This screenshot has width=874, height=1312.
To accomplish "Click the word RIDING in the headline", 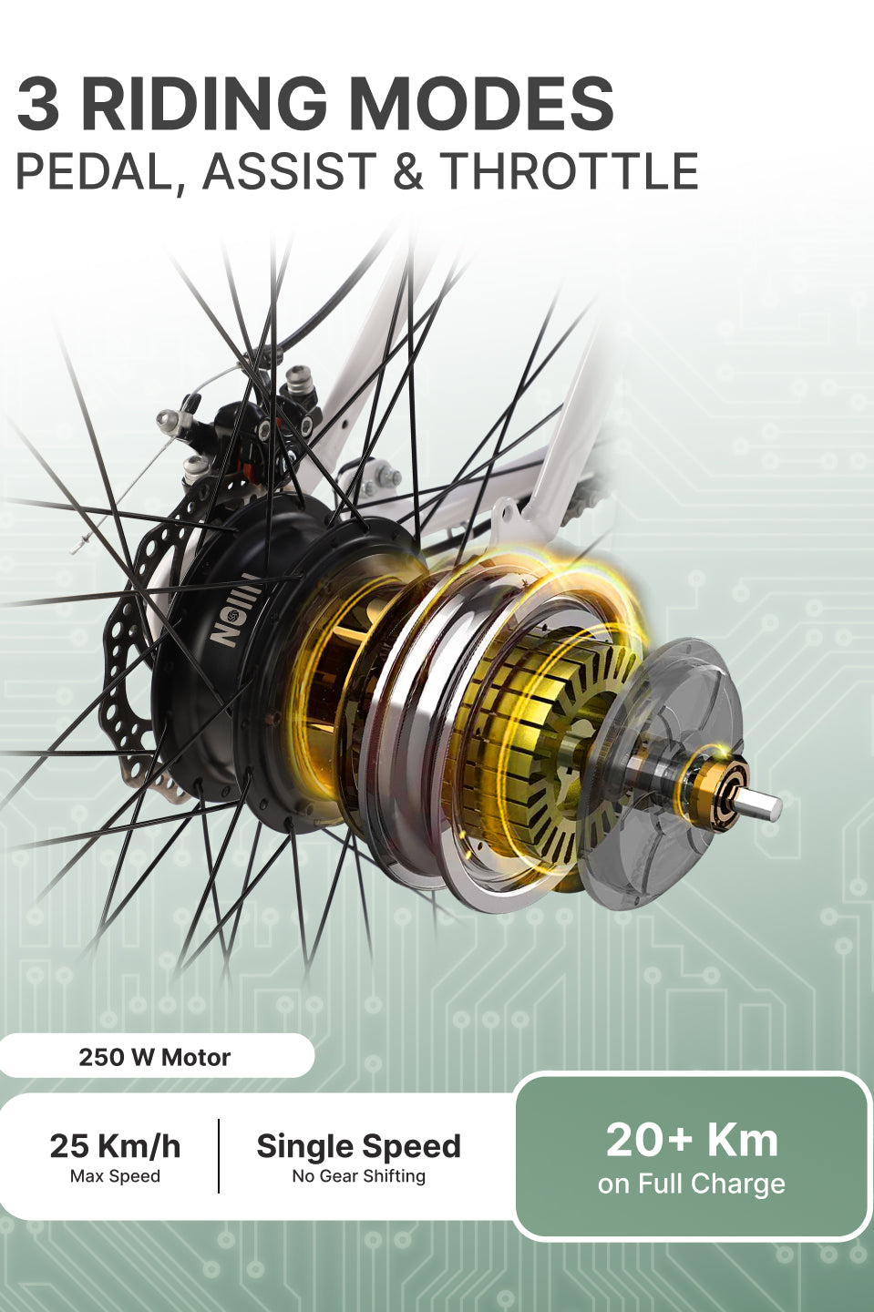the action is (202, 104).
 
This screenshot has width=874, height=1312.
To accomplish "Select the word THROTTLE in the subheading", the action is (568, 170).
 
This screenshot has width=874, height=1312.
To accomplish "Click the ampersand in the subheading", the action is (408, 170).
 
